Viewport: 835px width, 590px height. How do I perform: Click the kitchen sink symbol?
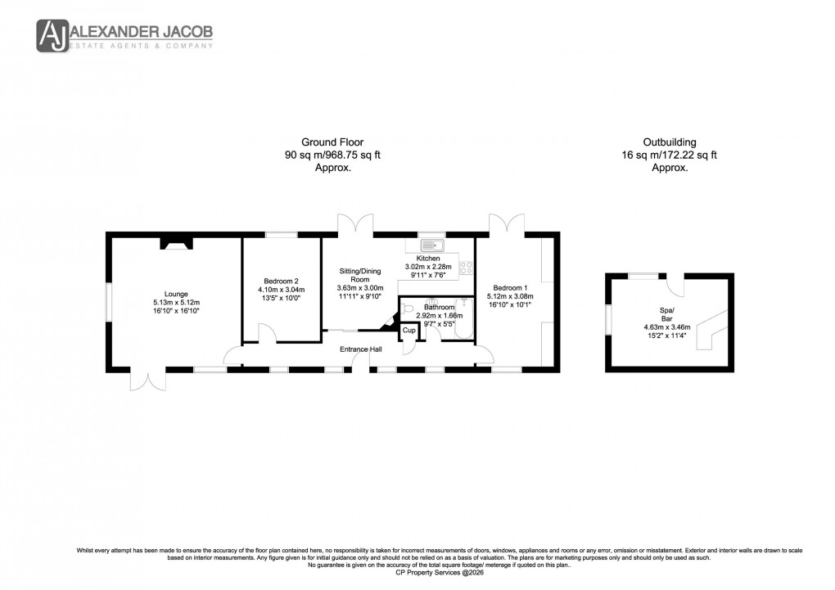(431, 245)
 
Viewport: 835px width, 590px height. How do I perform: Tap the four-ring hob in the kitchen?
(467, 268)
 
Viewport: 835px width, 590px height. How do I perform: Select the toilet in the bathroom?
(408, 309)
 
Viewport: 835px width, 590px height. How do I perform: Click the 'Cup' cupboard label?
(408, 331)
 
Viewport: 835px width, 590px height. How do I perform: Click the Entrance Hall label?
(361, 349)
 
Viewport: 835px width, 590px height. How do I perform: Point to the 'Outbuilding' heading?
(669, 142)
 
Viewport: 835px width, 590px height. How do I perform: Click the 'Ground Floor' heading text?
(332, 142)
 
